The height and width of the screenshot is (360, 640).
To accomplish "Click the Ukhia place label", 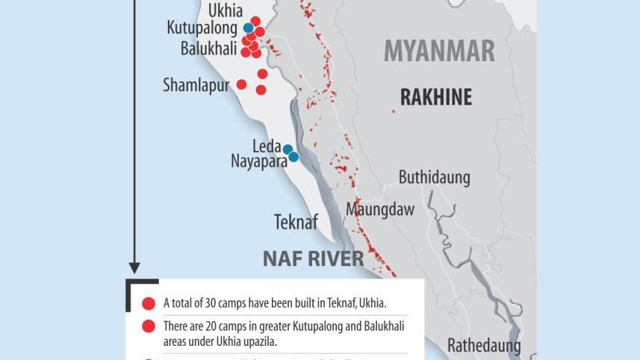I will (225, 11).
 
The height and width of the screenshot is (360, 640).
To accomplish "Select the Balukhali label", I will (208, 49).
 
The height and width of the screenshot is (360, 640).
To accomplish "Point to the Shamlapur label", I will (196, 85).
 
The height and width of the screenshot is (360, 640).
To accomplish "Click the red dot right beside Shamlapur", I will (241, 84).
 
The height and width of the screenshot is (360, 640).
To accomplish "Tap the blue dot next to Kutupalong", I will (248, 28).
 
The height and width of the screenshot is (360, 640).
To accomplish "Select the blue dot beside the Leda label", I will (288, 149).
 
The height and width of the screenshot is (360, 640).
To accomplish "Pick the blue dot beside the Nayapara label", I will (294, 157).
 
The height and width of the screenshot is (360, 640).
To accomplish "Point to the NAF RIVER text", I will (313, 259).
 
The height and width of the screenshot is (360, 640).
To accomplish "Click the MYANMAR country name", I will (439, 52).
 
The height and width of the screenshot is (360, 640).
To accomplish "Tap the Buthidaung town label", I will (434, 178).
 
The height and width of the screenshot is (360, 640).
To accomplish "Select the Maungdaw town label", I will (379, 210).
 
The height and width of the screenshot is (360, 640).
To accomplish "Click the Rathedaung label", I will (484, 345).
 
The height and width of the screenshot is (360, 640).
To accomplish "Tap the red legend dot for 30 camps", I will (148, 303).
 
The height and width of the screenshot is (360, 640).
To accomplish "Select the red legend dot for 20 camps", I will (148, 326).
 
